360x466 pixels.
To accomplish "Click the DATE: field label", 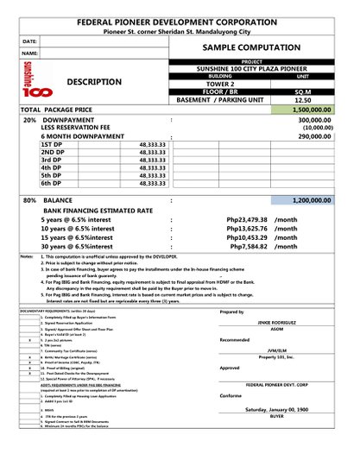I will pyautogui.click(x=28, y=41).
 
